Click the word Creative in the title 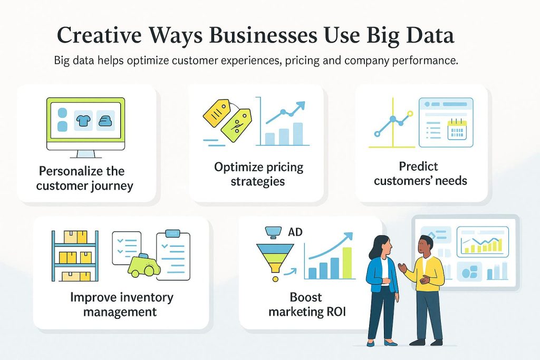(x=99, y=35)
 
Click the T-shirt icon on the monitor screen (x=83, y=121)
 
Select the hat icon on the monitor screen (x=105, y=121)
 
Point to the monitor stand (x=86, y=154)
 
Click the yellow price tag (x=216, y=113)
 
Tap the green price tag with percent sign (x=236, y=125)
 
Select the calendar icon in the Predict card (x=457, y=129)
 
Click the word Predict (x=418, y=166)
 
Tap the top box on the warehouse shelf (x=75, y=237)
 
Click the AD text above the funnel (x=295, y=232)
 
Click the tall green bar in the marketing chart (x=348, y=263)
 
